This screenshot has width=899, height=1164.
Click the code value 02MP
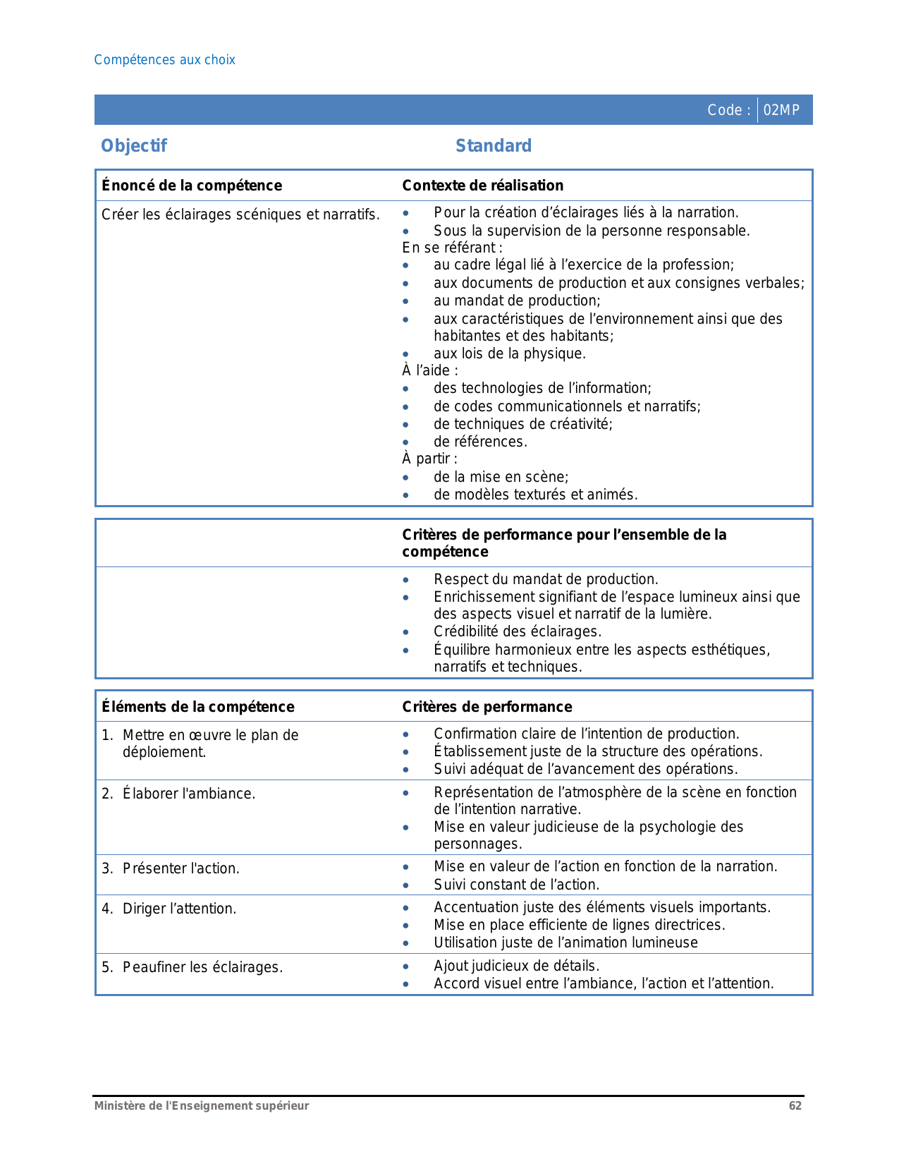point(781,110)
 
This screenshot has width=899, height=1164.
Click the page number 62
point(795,1105)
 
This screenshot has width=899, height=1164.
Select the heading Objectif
point(134,146)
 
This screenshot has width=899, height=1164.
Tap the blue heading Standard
point(494,146)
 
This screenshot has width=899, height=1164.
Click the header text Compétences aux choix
point(164,60)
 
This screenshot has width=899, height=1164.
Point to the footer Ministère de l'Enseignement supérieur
point(202,1105)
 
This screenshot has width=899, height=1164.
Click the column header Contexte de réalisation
point(482,186)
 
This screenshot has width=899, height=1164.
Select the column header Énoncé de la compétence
point(192,186)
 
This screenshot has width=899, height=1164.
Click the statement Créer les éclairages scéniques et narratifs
point(240,214)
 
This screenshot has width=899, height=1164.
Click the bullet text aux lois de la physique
point(510,353)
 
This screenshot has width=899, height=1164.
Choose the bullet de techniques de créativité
point(523,424)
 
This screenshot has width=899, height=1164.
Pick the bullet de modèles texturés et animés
point(535,495)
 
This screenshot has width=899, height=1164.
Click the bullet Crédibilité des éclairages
point(518,631)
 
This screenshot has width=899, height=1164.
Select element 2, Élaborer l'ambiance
point(188,794)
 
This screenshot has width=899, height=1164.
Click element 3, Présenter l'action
point(181,868)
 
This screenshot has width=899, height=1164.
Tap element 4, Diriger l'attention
point(179,909)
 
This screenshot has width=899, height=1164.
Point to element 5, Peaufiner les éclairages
point(202,967)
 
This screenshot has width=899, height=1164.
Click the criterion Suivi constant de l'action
point(516,885)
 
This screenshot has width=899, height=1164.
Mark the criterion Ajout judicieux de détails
point(516,966)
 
